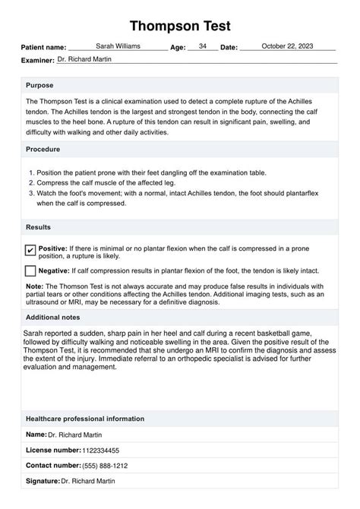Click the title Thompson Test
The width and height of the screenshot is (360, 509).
180,27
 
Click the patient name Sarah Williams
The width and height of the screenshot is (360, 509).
118,46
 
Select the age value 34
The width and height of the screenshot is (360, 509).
203,46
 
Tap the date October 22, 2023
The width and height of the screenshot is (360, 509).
287,46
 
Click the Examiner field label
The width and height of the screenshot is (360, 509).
38,60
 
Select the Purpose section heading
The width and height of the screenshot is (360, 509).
39,85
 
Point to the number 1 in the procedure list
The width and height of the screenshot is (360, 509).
30,174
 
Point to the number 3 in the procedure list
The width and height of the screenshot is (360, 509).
30,194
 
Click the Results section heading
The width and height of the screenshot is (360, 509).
39,227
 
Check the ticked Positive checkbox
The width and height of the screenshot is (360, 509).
30,250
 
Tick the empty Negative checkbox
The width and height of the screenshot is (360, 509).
30,271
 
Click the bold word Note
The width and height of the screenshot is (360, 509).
35,286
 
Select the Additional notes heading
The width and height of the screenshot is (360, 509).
53,317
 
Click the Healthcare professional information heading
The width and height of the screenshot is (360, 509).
85,419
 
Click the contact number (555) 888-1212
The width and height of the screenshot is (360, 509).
106,466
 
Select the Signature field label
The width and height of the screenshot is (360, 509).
43,481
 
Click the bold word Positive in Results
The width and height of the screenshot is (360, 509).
52,248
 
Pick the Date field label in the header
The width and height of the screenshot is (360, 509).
229,48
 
